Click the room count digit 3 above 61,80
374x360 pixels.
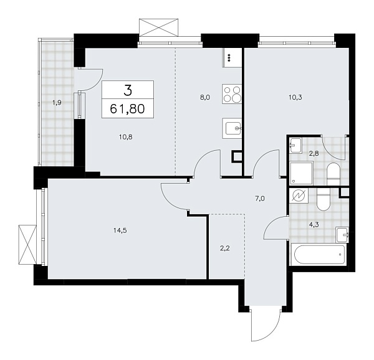click(128, 90)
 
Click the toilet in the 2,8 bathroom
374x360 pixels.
click(332, 172)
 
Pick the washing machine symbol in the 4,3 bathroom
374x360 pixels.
click(299, 197)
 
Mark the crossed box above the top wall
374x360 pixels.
click(159, 28)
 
